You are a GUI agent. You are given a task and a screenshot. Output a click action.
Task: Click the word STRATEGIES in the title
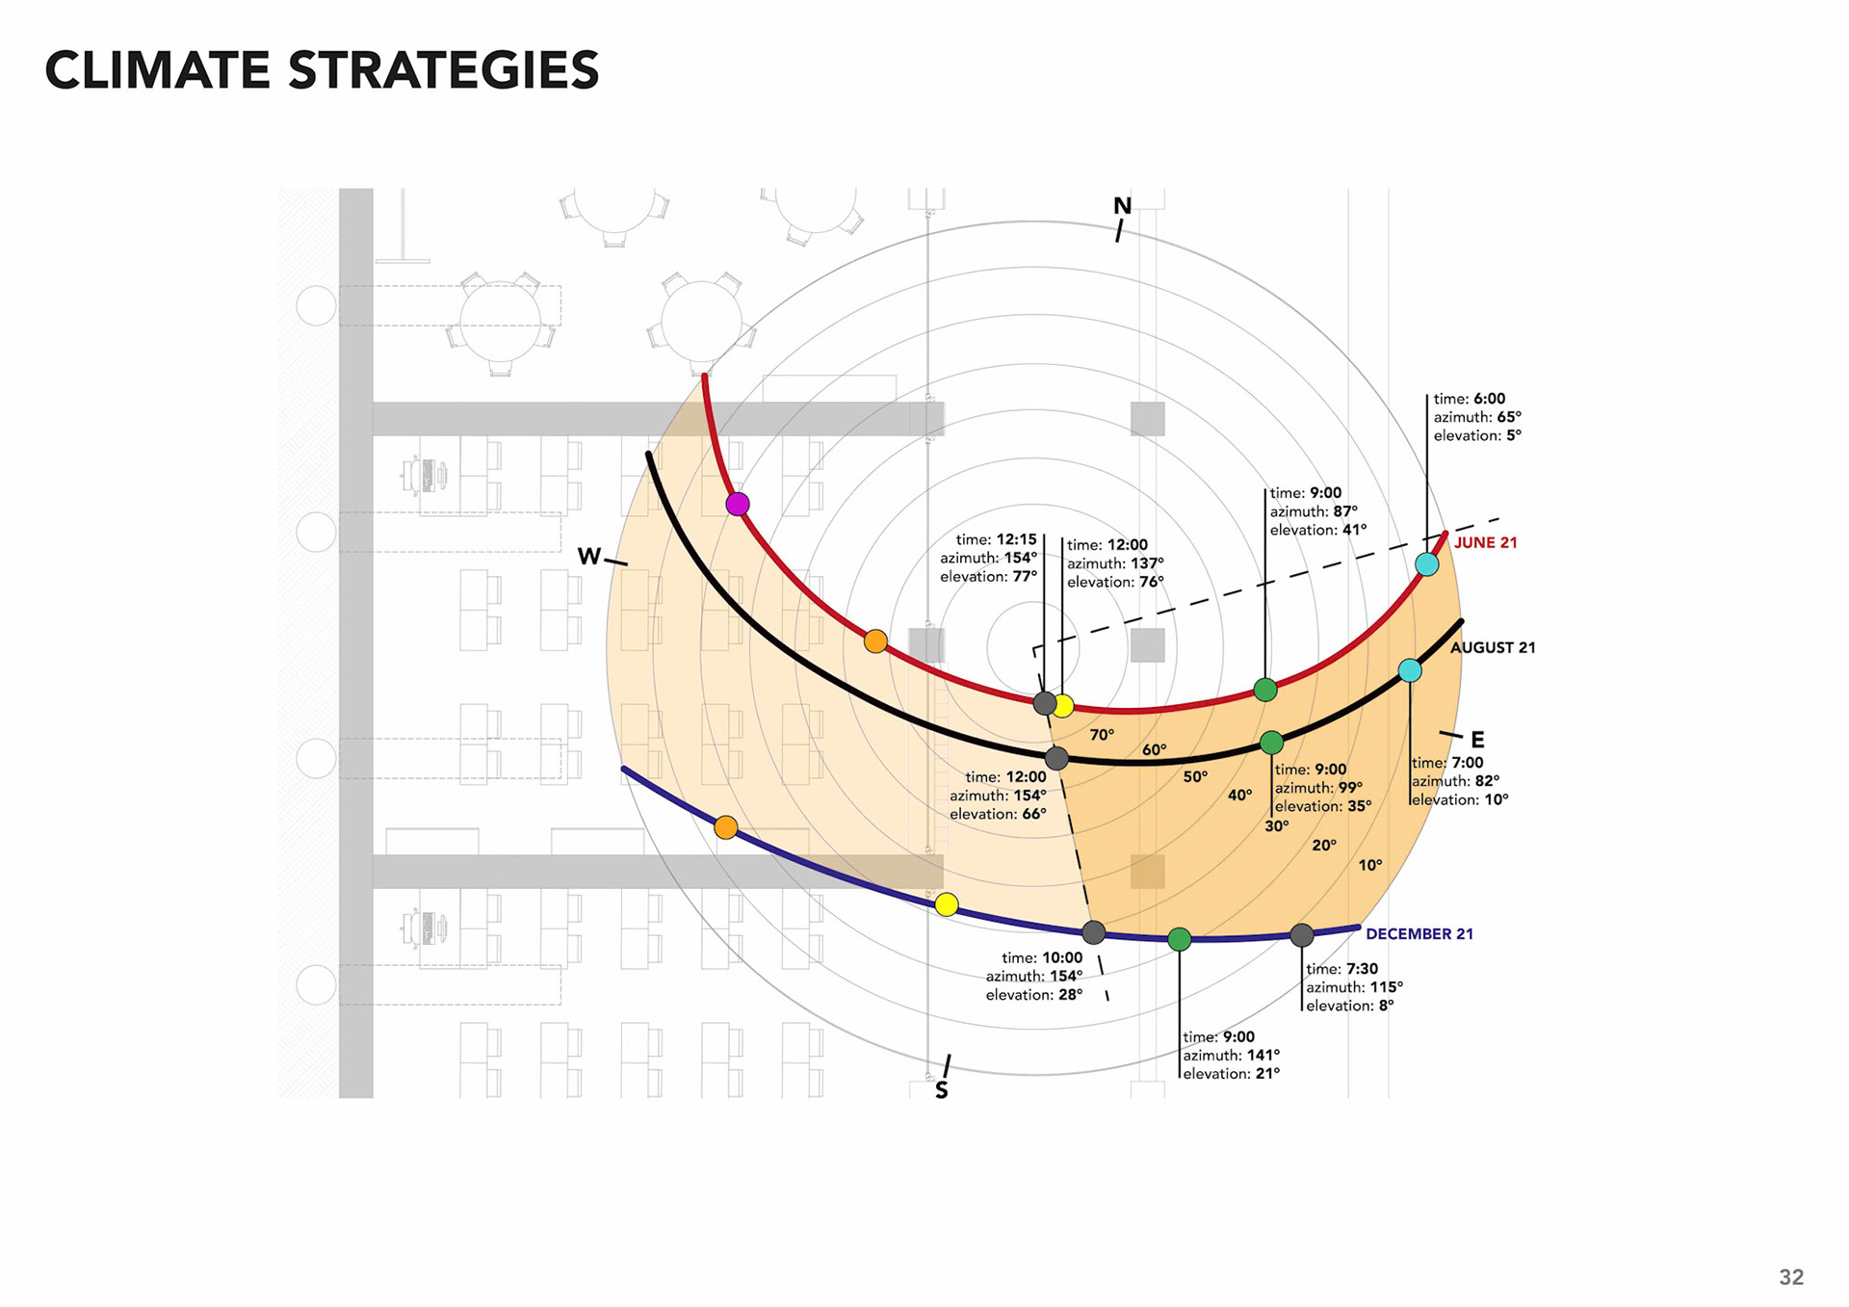tap(443, 71)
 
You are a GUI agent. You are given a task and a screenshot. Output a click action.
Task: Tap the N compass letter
tap(1122, 206)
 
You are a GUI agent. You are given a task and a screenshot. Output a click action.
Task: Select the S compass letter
tap(942, 1090)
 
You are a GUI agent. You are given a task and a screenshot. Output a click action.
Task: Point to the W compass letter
tap(588, 557)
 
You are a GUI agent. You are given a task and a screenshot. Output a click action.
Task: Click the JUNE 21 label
tap(1485, 543)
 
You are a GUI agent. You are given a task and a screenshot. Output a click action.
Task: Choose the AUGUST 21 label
tap(1493, 648)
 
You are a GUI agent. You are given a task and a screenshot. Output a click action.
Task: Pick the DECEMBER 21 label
tap(1419, 934)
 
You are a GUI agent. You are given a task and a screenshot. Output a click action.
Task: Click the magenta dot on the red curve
tap(738, 504)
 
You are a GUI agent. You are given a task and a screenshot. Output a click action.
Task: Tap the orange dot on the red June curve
tap(875, 641)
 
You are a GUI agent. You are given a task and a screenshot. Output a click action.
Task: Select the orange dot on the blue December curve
tap(726, 827)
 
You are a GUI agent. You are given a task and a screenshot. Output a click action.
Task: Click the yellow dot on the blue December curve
tap(947, 904)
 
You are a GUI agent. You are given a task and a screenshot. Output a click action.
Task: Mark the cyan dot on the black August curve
tap(1409, 670)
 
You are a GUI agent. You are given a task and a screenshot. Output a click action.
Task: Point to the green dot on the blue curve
tap(1179, 939)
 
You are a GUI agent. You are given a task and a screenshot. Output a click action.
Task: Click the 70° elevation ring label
tap(1102, 735)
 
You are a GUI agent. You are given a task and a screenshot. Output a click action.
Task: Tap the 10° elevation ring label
tap(1369, 866)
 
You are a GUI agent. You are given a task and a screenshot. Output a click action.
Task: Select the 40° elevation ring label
tap(1239, 796)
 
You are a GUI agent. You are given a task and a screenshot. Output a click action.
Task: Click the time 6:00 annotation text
tap(1469, 399)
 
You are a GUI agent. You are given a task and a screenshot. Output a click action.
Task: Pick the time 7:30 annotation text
tap(1341, 969)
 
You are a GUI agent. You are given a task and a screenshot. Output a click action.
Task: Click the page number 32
tap(1791, 1277)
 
